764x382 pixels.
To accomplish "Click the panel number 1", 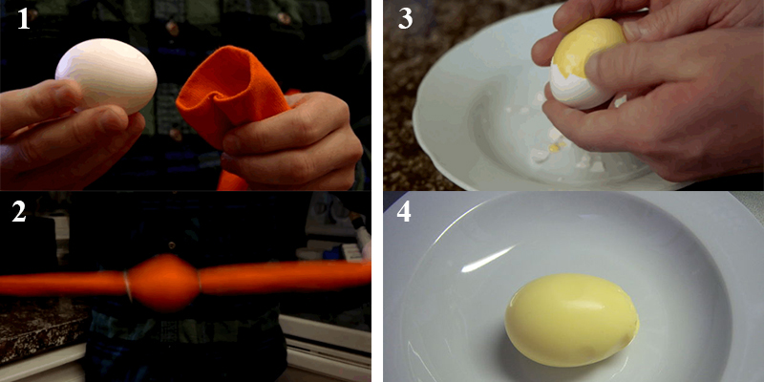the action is click(x=23, y=18).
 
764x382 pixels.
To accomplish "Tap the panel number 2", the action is click(x=18, y=212).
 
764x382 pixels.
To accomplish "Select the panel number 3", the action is click(x=405, y=18).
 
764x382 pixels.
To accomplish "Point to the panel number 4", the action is click(x=403, y=212).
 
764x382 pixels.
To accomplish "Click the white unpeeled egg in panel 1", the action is click(x=106, y=75).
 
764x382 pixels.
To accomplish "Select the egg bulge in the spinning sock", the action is click(x=163, y=283).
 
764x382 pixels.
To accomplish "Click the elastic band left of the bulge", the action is click(x=128, y=286).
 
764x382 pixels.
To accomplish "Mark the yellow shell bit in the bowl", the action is click(x=557, y=145).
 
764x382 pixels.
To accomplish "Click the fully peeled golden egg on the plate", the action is click(x=571, y=320).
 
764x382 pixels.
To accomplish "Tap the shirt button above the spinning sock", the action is click(x=171, y=244).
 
